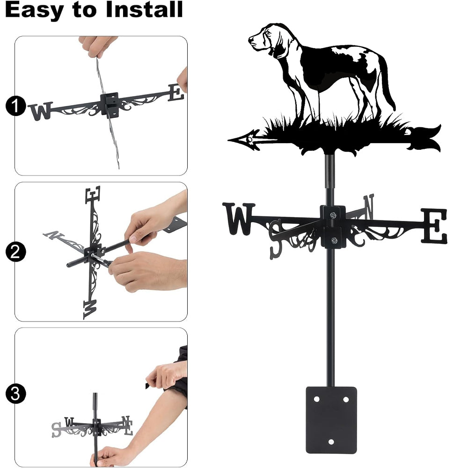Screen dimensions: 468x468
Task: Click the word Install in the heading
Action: pos(144,9)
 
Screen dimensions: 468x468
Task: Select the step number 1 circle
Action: pos(15,106)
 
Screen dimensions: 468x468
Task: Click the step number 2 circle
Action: pos(15,252)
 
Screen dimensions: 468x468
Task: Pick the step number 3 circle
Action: pos(15,394)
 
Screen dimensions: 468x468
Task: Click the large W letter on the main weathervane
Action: pos(239,219)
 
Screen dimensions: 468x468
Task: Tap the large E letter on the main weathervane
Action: pos(434,226)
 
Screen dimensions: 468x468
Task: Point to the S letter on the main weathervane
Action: pos(276,240)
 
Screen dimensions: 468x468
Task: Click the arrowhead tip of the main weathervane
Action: pos(229,139)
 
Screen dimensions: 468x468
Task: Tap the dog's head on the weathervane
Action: pos(266,38)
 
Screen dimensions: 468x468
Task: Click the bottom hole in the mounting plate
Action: pos(331,442)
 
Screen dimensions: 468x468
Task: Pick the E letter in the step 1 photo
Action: pos(176,93)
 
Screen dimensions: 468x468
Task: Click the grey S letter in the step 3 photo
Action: pos(56,430)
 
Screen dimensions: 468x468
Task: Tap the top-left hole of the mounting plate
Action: pos(316,399)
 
